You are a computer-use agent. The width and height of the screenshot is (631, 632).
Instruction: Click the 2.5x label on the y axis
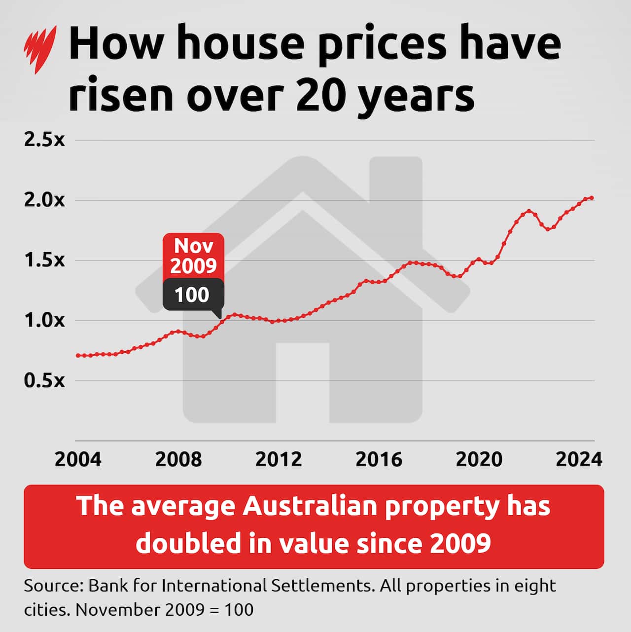(x=44, y=140)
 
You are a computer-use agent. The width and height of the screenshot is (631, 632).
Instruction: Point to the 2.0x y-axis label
(x=44, y=200)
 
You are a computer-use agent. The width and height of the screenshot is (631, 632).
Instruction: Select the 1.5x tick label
(x=44, y=260)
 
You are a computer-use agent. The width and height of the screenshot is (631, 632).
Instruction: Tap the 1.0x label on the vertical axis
(x=44, y=320)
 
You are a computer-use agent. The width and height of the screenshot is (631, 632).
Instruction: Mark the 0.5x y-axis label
(x=44, y=380)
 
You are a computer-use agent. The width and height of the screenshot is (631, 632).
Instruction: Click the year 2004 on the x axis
(x=78, y=459)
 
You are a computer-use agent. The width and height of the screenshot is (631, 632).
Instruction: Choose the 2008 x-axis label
(x=178, y=459)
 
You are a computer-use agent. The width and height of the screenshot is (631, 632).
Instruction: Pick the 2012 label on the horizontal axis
(x=279, y=459)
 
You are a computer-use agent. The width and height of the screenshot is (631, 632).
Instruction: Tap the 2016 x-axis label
(x=379, y=459)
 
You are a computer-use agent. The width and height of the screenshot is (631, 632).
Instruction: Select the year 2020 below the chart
(x=479, y=459)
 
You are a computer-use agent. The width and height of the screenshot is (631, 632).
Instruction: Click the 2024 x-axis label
(x=579, y=459)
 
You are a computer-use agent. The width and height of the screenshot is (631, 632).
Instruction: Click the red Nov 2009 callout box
(x=193, y=256)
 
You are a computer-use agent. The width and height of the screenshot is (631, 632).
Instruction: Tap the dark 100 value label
(x=192, y=295)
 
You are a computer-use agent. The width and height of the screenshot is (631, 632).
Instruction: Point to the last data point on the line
(x=592, y=198)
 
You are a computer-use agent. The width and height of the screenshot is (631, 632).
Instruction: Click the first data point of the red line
(x=78, y=355)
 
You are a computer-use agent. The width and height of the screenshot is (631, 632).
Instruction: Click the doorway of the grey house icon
(x=302, y=382)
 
